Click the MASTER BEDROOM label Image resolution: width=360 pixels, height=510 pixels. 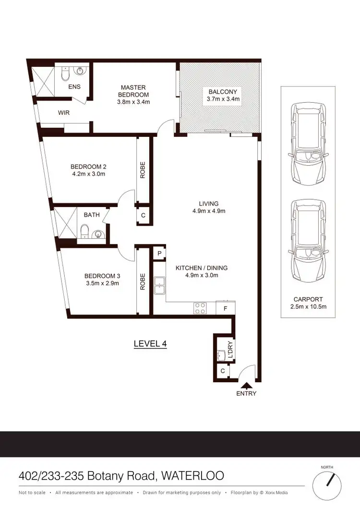[x=133, y=91]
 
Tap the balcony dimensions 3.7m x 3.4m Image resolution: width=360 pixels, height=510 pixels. [x=222, y=99]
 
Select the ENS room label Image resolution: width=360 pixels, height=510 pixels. [x=74, y=87]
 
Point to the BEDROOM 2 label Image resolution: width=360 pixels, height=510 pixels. [x=87, y=167]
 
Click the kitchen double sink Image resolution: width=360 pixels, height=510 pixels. [x=159, y=285]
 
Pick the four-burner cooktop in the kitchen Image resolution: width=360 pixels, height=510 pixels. [x=200, y=308]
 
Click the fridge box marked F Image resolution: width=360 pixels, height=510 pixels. [x=225, y=308]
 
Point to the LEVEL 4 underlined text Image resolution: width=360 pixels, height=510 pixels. [x=149, y=344]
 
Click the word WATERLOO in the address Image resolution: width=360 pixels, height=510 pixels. [x=194, y=476]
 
